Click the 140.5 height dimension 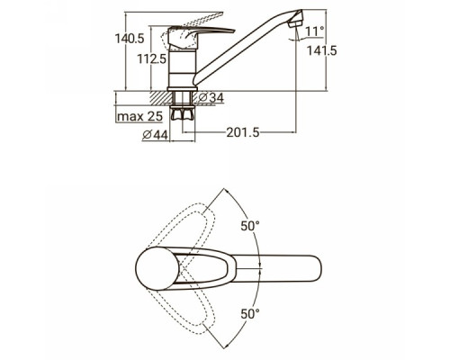coord(130,39)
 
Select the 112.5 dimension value coord(151,59)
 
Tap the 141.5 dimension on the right coord(321,50)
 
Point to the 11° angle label coord(315,31)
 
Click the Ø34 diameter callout coord(211,97)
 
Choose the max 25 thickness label coord(139,116)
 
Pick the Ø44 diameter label coord(155,135)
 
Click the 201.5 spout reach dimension coord(243,132)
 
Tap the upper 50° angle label coord(250,226)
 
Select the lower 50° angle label coord(250,314)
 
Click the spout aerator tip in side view coord(296,20)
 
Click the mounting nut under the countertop coord(182,113)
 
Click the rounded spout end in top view coord(315,268)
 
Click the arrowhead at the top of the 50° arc coord(226,191)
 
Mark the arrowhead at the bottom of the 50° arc coord(226,346)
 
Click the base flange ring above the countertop coord(182,89)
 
